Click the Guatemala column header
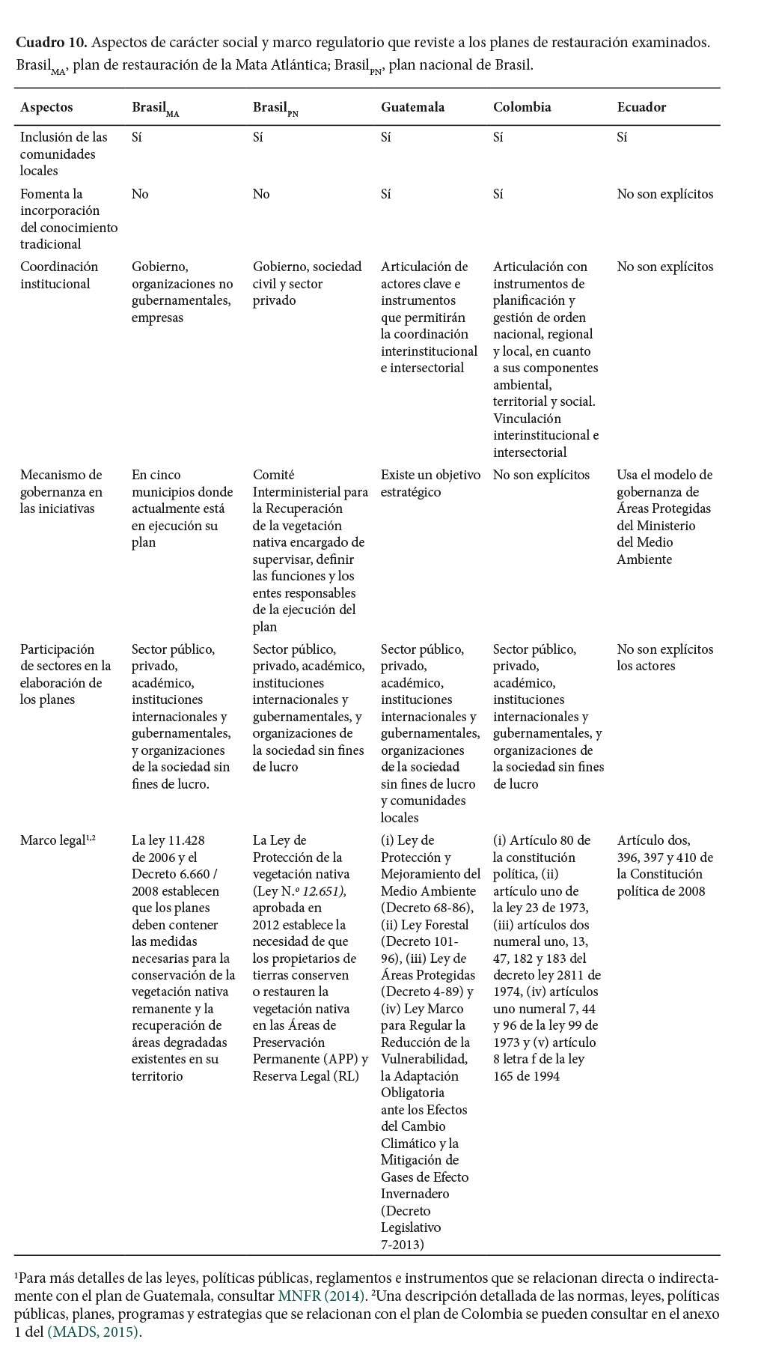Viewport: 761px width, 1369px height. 412,107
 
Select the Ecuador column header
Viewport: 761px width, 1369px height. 641,107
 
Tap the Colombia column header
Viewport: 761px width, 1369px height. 522,107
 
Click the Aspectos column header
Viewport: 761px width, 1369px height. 46,107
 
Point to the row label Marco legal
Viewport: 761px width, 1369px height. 53,840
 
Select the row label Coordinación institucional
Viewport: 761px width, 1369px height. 59,275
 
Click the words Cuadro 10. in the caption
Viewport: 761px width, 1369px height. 51,42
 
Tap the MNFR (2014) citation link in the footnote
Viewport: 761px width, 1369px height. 322,1296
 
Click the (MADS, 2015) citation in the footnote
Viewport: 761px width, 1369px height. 94,1332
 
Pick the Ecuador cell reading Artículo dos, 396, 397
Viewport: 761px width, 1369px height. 664,865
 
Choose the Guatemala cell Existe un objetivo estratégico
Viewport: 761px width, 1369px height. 430,483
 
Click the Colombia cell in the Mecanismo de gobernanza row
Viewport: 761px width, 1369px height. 541,475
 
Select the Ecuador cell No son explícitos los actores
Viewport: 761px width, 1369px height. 664,658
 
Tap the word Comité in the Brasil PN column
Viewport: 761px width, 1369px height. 273,475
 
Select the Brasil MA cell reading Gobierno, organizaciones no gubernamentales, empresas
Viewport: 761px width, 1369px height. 182,292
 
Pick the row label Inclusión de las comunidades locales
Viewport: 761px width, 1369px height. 64,154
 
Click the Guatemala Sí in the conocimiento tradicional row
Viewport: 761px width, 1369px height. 386,194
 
